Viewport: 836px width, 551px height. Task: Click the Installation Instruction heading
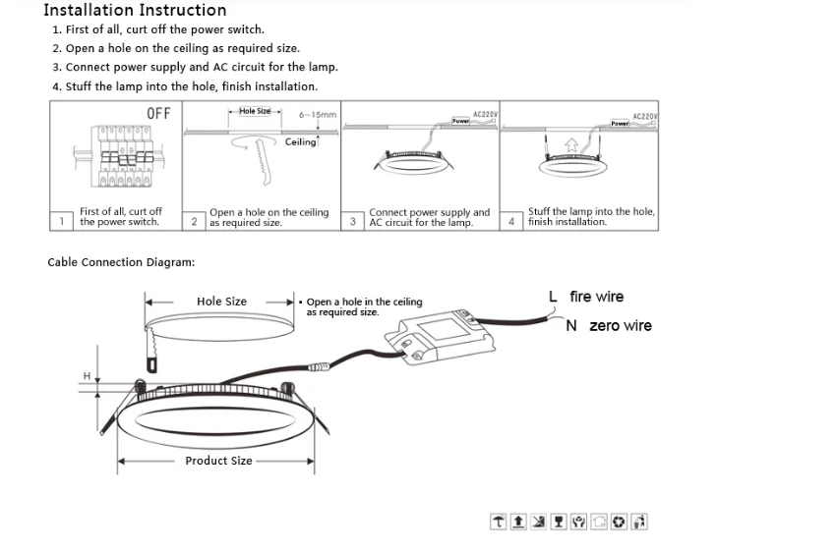[135, 11]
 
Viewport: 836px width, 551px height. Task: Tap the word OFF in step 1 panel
[158, 114]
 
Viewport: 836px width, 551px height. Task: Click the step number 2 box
[195, 221]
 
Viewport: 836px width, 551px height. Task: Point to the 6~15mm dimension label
[318, 115]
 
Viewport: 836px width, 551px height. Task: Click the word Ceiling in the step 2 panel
[301, 142]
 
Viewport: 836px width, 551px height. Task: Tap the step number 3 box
[353, 221]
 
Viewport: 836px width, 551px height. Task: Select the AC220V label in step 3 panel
[485, 115]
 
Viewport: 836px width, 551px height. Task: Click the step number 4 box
[512, 221]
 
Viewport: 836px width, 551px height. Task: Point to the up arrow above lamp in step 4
[571, 144]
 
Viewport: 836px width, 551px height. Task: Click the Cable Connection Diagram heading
[121, 262]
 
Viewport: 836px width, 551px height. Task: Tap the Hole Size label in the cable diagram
[221, 302]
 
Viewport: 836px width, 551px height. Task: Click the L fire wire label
[586, 297]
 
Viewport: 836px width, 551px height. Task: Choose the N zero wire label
[608, 326]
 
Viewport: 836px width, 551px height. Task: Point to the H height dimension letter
[87, 376]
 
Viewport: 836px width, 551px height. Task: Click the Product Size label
[218, 461]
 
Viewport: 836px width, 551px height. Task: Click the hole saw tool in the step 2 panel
[262, 159]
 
